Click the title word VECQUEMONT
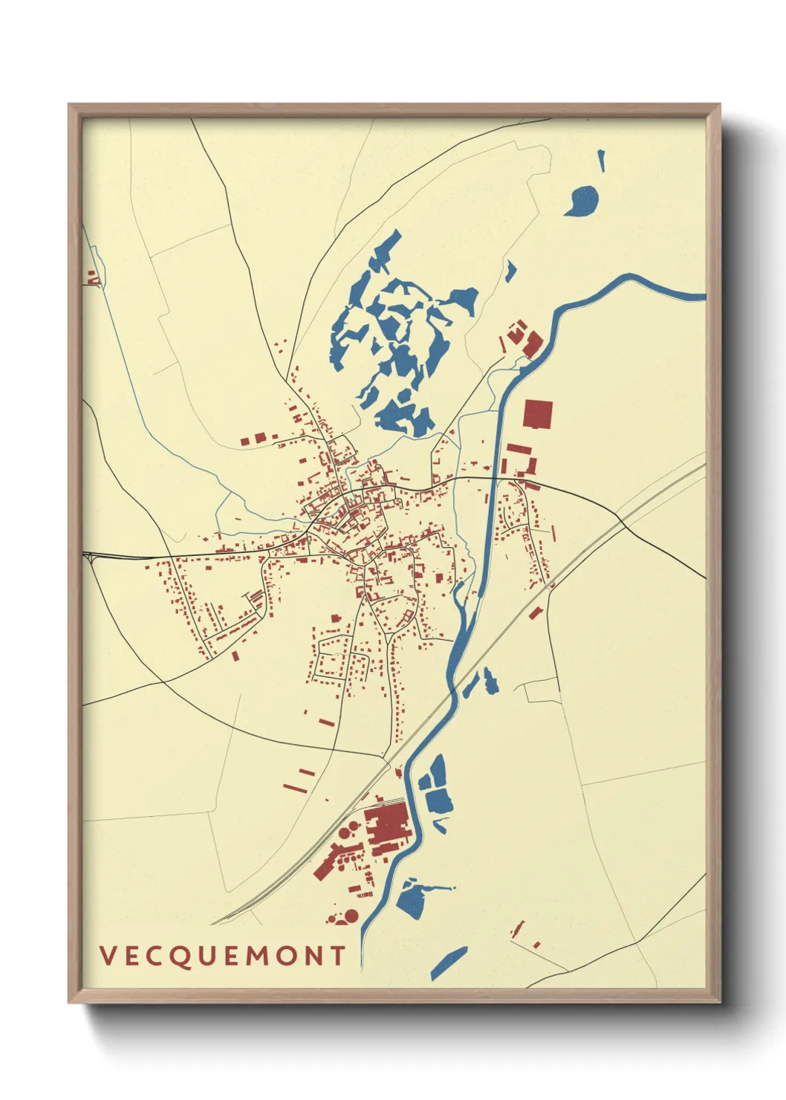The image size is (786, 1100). pyautogui.click(x=223, y=956)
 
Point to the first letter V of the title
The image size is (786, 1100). pyautogui.click(x=108, y=956)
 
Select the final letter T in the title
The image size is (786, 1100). pyautogui.click(x=339, y=956)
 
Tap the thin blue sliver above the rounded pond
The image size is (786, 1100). pyautogui.click(x=601, y=160)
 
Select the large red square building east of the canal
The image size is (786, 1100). pyautogui.click(x=538, y=414)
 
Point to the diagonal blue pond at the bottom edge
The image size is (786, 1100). pyautogui.click(x=449, y=963)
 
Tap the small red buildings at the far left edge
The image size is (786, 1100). pyautogui.click(x=92, y=278)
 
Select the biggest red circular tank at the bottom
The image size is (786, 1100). pyautogui.click(x=351, y=916)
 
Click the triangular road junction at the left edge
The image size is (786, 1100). pyautogui.click(x=90, y=557)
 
